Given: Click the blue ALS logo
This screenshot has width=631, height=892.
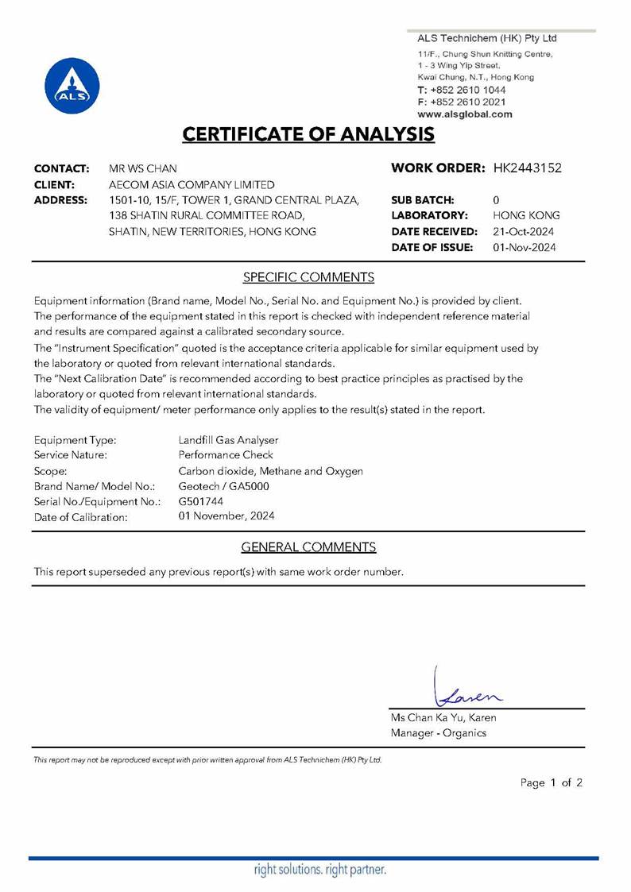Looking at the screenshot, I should point(73,85).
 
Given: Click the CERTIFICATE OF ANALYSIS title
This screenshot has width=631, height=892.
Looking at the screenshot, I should point(308,133).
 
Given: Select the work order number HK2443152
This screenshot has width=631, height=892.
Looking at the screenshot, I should point(528,168).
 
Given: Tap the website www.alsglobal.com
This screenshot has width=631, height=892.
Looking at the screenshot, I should point(465,114).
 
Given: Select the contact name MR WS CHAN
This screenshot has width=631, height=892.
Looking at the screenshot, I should point(143,168).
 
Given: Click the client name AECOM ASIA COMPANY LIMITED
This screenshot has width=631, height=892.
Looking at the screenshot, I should point(192,184).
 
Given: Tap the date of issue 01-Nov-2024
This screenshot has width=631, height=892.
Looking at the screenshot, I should point(525,247).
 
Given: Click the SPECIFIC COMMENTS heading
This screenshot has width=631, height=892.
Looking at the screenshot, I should point(308,277).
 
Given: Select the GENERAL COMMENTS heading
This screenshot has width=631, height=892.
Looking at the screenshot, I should point(308,546).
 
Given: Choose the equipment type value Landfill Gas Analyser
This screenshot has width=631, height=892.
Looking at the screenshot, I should point(229,439).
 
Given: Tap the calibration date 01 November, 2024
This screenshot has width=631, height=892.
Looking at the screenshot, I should point(227,516).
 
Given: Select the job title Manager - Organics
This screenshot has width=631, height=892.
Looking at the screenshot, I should point(438,733).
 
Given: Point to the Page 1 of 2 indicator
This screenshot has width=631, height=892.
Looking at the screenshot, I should point(552,782).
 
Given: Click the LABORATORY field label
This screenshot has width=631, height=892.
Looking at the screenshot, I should point(428,215).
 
